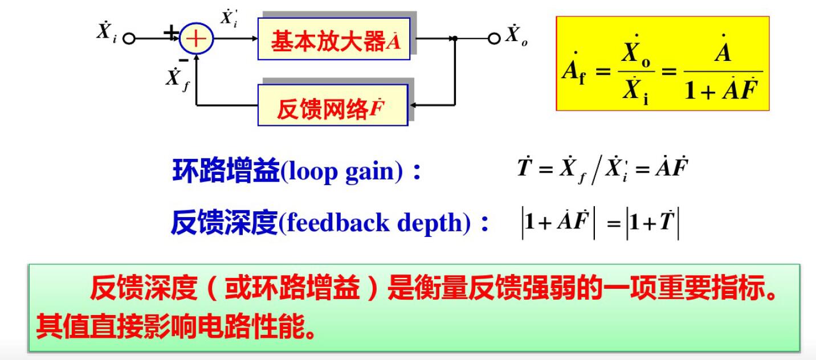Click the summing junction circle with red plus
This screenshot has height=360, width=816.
pos(196,39)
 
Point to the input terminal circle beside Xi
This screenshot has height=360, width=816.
pos(129,39)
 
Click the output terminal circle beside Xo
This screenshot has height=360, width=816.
pos(494,39)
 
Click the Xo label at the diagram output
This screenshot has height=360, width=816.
pos(516,36)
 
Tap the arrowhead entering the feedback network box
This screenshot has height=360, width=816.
pos(414,105)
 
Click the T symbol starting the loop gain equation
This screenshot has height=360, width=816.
pos(524,169)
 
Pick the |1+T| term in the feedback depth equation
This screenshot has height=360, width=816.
pos(652,223)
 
